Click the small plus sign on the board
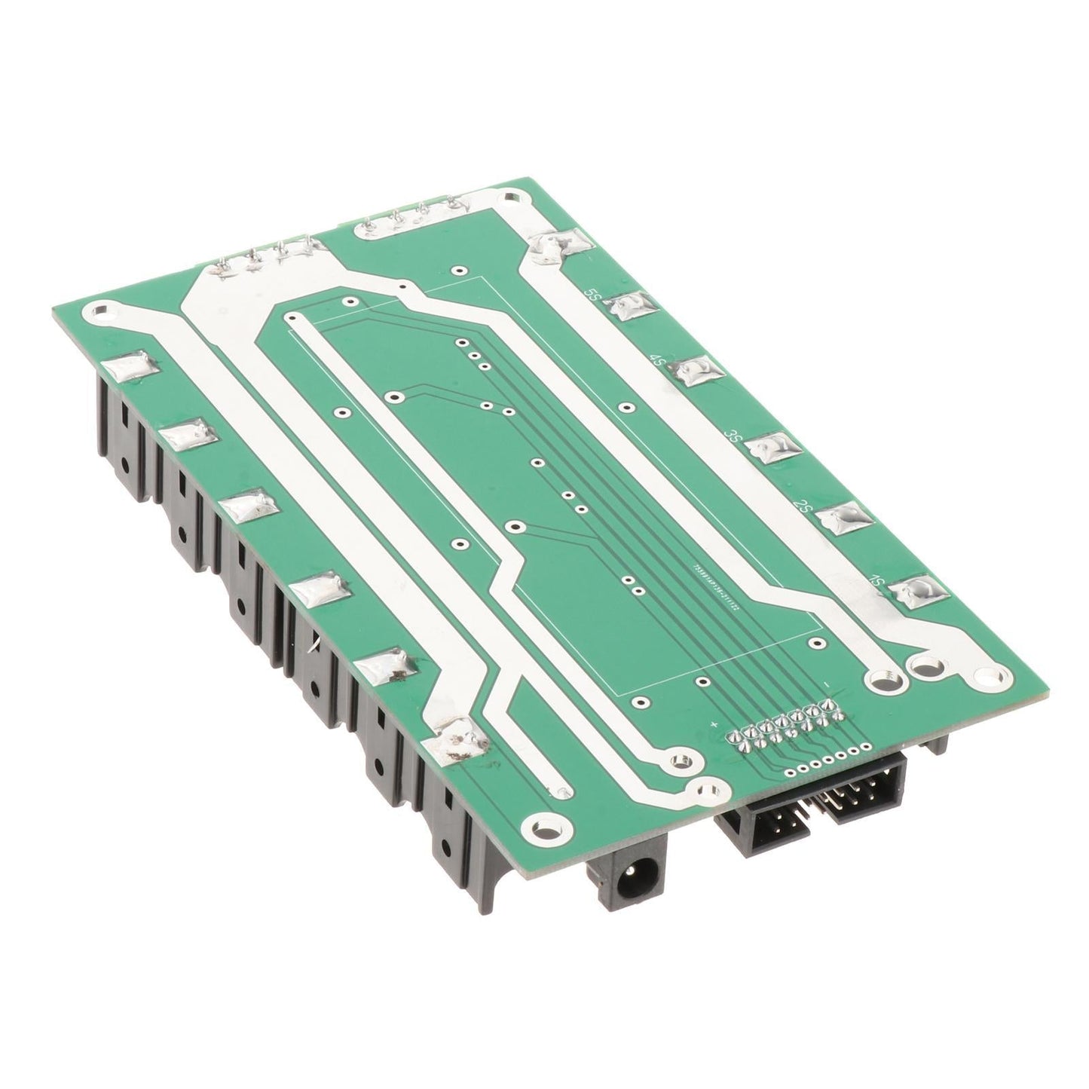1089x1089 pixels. point(713,725)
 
